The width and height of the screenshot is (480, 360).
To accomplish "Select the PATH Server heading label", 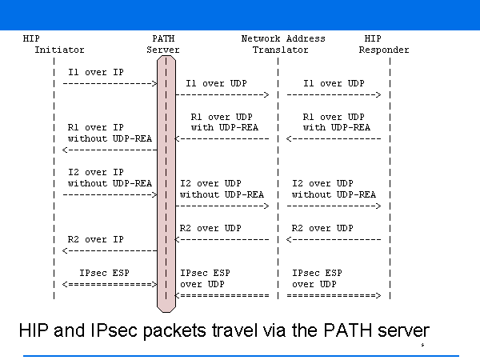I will point(163,44).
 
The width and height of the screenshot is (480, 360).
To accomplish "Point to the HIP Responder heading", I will point(384,44).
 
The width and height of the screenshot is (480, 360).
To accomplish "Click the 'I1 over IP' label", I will point(95,72).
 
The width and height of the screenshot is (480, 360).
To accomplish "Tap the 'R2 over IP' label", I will point(95,239).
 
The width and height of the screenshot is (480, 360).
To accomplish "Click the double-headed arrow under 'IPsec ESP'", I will point(110,284).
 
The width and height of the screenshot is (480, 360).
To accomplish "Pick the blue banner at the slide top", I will point(240,14).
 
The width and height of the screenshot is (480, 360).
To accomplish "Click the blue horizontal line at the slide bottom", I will point(240,355).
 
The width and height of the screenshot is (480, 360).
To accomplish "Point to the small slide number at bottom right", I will point(422,345).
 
